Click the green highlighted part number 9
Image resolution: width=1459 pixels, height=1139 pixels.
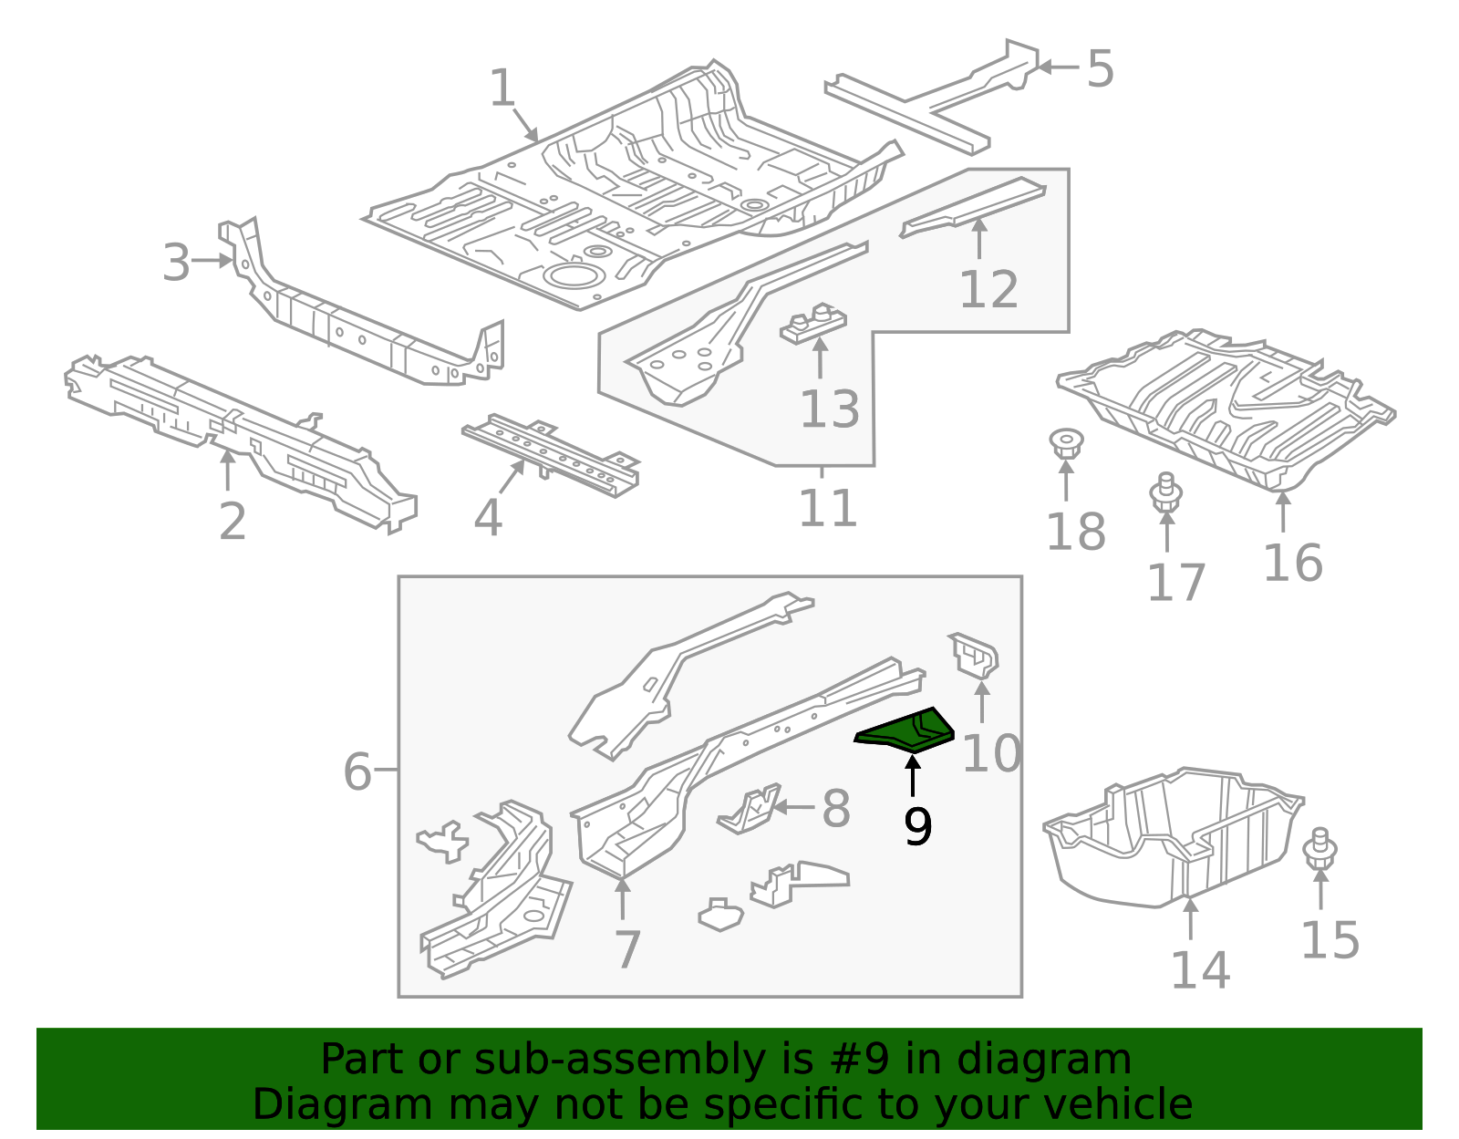[x=906, y=731]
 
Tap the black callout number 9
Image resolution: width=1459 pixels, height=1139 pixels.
[x=917, y=827]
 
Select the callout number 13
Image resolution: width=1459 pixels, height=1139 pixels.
[x=829, y=409]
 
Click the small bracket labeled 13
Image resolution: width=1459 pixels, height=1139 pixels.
[x=813, y=324]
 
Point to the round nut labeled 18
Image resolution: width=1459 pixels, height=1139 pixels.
[x=1064, y=443]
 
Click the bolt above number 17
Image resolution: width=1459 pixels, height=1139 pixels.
[x=1165, y=493]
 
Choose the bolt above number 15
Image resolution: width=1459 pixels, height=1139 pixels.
[x=1319, y=849]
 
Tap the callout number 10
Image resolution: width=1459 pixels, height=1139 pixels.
[x=991, y=753]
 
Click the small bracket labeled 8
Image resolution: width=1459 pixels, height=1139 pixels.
[x=749, y=809]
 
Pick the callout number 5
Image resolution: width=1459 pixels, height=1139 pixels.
[x=1100, y=69]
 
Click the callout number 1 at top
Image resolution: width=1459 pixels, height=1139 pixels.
[x=502, y=89]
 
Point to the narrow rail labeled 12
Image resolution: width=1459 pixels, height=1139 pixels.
[x=973, y=206]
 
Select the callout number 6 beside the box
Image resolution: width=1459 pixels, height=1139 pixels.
[x=357, y=771]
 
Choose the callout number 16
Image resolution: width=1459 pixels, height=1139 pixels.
[x=1292, y=563]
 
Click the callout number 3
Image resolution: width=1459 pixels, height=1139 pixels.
[x=176, y=263]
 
